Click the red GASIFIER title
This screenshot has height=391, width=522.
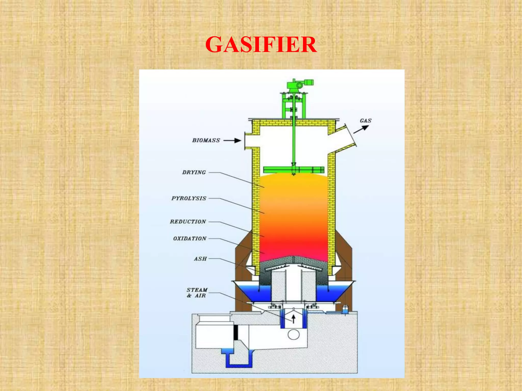pyautogui.click(x=261, y=45)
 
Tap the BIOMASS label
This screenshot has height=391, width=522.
pyautogui.click(x=206, y=140)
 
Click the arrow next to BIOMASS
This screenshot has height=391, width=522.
pyautogui.click(x=232, y=140)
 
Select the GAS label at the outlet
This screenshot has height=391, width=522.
pyautogui.click(x=366, y=121)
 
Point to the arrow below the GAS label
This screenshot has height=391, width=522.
pyautogui.click(x=361, y=129)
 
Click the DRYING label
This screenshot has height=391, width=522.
pyautogui.click(x=194, y=172)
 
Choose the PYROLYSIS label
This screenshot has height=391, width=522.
pyautogui.click(x=189, y=198)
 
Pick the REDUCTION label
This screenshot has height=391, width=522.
pyautogui.click(x=188, y=222)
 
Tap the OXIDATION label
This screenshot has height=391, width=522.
pyautogui.click(x=190, y=239)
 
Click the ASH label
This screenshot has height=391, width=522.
pyautogui.click(x=200, y=259)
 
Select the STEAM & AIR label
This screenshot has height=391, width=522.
pyautogui.click(x=197, y=293)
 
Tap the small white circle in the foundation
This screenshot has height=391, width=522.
pyautogui.click(x=294, y=334)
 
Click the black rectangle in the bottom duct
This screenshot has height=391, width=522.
pyautogui.click(x=236, y=332)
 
